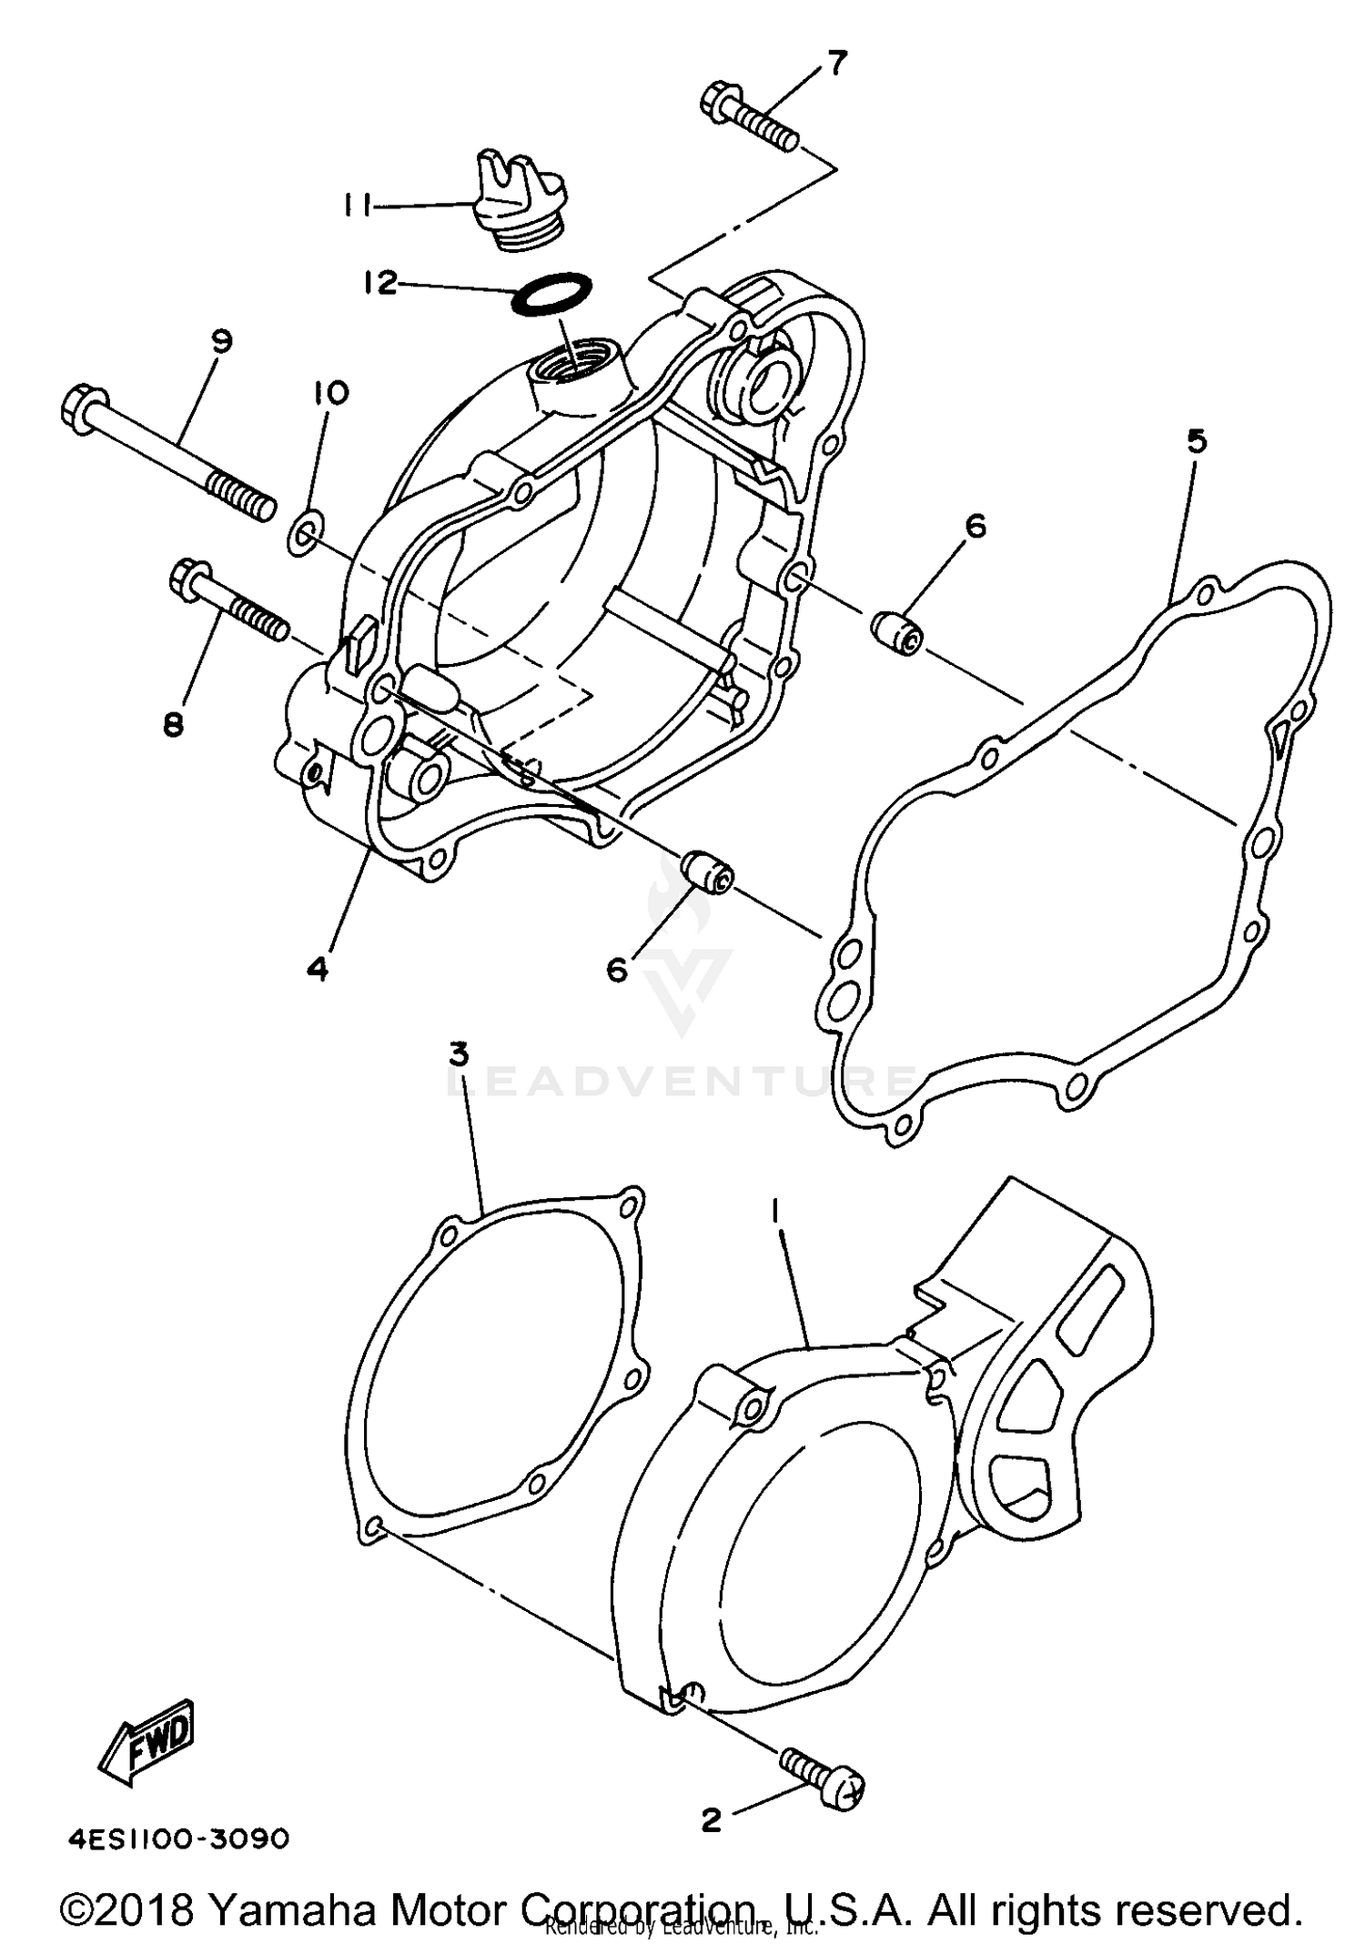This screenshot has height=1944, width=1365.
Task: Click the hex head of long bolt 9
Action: tap(86, 408)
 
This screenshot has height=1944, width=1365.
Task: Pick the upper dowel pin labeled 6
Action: tap(897, 632)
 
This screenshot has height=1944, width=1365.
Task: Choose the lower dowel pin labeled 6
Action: tap(709, 871)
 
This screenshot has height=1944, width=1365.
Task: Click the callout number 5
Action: tap(1198, 441)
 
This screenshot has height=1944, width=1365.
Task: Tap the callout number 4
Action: tap(317, 970)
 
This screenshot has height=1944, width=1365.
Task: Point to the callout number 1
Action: tap(775, 1210)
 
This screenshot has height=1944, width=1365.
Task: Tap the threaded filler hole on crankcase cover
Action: tap(571, 366)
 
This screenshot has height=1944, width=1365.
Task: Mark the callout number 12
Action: tap(379, 283)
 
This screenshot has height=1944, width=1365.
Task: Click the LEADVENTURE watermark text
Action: tap(682, 1080)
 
